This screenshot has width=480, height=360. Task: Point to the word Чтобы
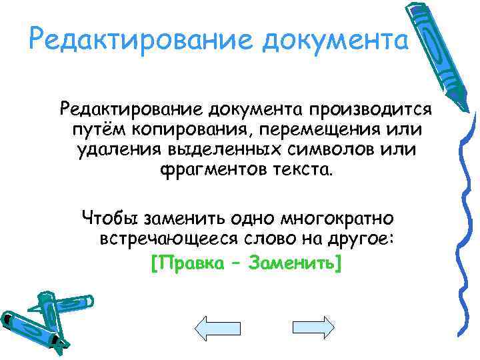click(x=109, y=218)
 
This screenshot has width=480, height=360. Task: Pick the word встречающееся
click(x=166, y=239)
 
